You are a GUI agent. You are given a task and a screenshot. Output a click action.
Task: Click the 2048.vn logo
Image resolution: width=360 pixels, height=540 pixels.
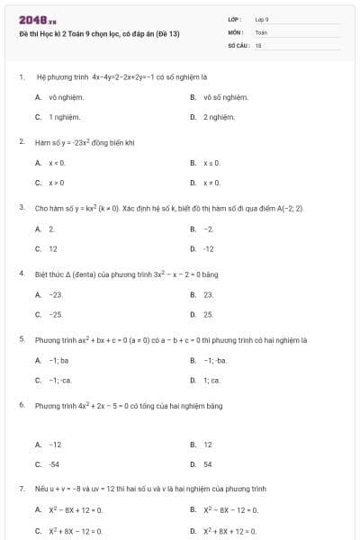point(37,20)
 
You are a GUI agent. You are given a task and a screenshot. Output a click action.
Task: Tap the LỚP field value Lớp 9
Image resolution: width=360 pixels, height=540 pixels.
point(262,19)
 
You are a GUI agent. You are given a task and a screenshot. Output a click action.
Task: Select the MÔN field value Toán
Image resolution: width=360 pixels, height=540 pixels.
point(261,31)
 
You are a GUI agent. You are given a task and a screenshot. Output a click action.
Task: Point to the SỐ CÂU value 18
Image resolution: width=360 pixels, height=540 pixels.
point(258,44)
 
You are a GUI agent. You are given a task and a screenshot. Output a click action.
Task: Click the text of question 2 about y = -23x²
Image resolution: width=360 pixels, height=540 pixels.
point(85,142)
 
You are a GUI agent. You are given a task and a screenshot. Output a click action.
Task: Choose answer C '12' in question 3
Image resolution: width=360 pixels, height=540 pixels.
point(53,248)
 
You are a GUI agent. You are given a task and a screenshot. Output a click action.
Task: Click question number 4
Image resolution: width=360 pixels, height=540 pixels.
point(21,274)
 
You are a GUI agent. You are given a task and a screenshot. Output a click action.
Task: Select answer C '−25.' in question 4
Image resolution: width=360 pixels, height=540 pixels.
point(56,314)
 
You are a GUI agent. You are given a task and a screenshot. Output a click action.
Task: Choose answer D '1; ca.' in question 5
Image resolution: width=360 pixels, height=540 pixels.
point(211,380)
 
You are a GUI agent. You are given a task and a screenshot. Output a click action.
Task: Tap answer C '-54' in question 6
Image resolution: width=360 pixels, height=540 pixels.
point(55,464)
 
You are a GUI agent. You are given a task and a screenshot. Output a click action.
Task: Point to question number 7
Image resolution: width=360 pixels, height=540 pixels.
point(21,489)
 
